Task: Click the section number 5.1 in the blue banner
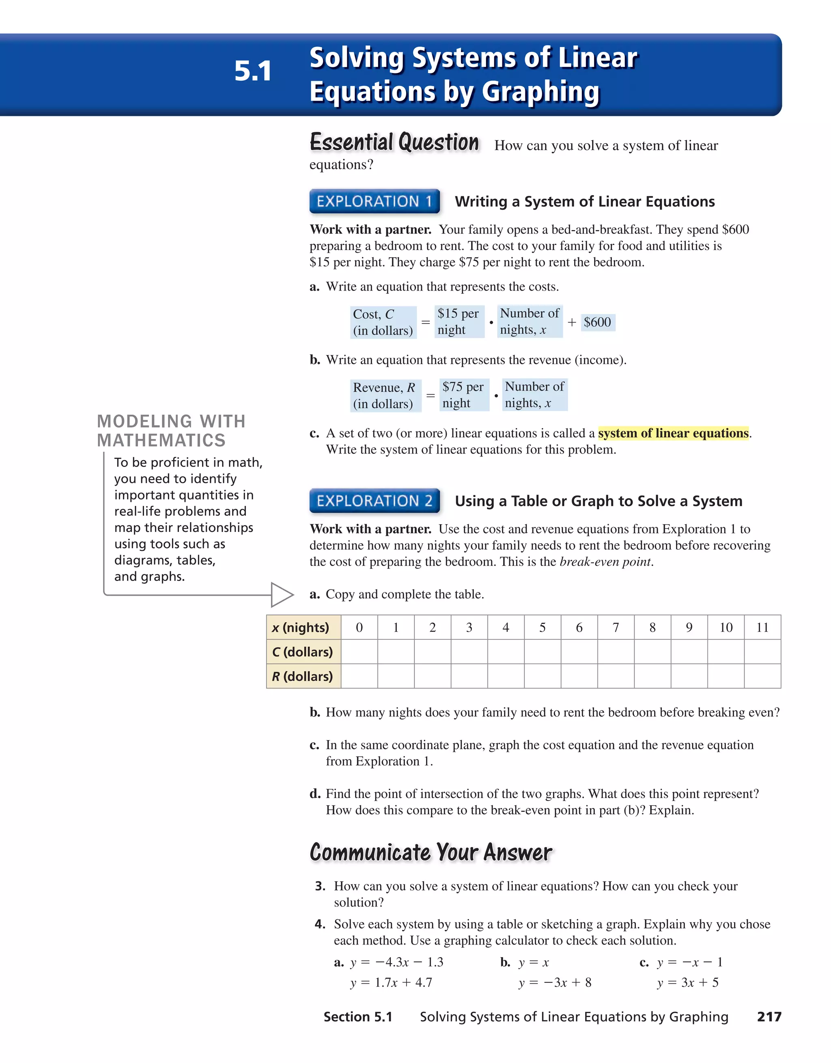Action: click(253, 71)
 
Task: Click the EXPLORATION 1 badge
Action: click(375, 201)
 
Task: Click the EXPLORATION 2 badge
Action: click(375, 500)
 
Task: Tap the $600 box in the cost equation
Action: click(597, 322)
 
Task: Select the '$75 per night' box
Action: click(463, 395)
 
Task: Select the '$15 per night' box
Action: click(459, 321)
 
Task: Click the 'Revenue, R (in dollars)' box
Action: click(385, 395)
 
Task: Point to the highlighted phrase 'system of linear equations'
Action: click(673, 433)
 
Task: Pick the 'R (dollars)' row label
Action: click(303, 676)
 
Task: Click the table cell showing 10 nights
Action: click(726, 627)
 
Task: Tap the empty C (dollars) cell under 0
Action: click(359, 652)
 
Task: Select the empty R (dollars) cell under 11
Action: click(762, 676)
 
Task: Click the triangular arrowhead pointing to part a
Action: click(281, 594)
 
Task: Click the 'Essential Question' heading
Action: click(394, 142)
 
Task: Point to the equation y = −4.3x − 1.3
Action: click(396, 962)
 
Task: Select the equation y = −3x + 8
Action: click(555, 982)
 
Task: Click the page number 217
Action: click(769, 1017)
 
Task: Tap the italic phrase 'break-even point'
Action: click(605, 562)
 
